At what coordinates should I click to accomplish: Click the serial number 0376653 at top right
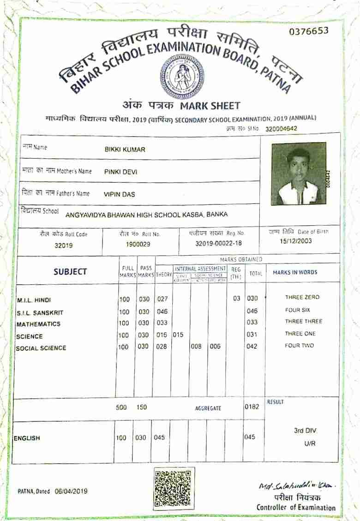(x=309, y=31)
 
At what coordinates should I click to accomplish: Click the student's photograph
(x=299, y=174)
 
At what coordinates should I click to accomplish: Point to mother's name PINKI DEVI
(x=120, y=172)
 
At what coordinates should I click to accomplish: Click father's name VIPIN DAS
(x=120, y=194)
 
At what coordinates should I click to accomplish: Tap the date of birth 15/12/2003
(x=296, y=241)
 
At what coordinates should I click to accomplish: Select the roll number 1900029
(x=138, y=244)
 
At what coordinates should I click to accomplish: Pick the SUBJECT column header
(x=70, y=272)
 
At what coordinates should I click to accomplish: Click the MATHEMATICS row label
(x=38, y=324)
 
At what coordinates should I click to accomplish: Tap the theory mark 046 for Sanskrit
(x=162, y=311)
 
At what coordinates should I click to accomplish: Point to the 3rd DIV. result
(x=305, y=431)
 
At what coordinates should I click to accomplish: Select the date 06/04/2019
(x=71, y=491)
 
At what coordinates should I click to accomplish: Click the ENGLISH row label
(x=27, y=438)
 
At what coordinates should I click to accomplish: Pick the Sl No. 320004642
(x=281, y=129)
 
